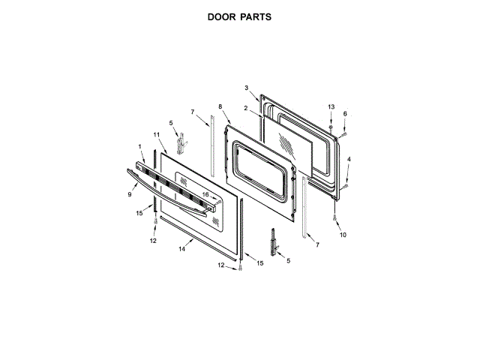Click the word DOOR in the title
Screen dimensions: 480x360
click(223, 15)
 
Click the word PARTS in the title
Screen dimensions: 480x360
click(257, 15)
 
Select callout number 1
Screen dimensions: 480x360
click(139, 145)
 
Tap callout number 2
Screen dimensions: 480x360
click(246, 109)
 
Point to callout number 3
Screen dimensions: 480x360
click(246, 88)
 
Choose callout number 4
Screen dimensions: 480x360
click(348, 159)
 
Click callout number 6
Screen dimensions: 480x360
click(345, 114)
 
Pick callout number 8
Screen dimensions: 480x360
click(220, 107)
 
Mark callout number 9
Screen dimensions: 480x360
click(129, 194)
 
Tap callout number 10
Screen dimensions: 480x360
click(343, 235)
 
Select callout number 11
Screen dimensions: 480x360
click(157, 134)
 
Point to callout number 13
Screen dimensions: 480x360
click(331, 108)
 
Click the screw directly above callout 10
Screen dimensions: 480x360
click(334, 217)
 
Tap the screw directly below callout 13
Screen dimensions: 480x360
click(331, 127)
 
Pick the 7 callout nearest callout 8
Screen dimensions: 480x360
click(192, 112)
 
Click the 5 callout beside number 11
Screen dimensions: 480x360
click(170, 122)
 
